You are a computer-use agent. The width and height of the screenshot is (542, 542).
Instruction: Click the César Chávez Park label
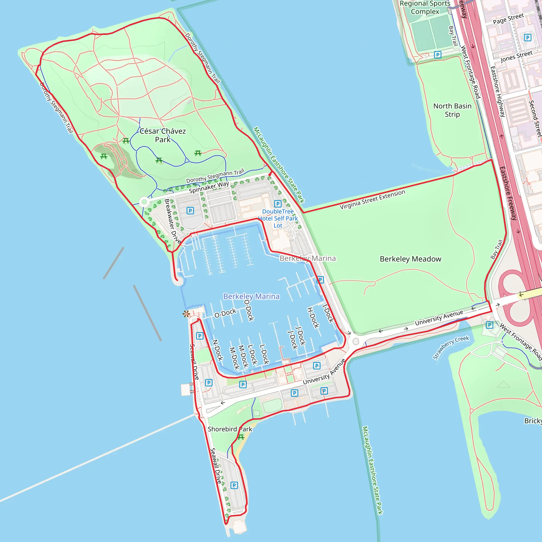pos(163,135)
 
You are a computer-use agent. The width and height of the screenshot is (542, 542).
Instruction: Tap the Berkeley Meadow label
pos(410,259)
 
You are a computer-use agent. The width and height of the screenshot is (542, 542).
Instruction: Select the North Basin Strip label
pos(452,110)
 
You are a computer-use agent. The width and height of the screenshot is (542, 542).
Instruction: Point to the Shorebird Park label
pos(230,429)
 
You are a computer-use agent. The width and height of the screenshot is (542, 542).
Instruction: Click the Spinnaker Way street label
pos(209,187)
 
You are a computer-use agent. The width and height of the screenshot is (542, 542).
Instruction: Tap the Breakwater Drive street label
pos(172,221)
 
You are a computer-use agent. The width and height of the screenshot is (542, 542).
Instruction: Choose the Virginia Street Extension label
pos(372,199)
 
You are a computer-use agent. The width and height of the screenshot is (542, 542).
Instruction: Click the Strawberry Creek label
pos(450,347)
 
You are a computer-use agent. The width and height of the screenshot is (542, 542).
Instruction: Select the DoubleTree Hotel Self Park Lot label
pos(278,219)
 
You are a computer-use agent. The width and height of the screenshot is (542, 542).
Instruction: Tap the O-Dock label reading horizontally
pos(225,313)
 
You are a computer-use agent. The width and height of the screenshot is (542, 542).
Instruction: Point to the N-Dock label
pos(218,350)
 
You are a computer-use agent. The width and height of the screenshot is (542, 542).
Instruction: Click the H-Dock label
pos(313,318)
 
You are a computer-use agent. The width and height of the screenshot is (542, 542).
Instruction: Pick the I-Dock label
pos(328,313)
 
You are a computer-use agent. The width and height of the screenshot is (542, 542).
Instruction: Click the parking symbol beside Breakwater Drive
pos(190,211)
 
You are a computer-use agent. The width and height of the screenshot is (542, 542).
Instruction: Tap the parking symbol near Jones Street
pos(527,37)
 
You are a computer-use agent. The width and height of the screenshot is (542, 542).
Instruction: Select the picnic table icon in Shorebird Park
pos(241,437)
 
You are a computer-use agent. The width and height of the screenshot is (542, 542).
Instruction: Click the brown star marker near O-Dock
pos(186,314)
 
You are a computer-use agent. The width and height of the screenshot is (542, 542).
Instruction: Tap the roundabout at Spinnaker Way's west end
pos(144,201)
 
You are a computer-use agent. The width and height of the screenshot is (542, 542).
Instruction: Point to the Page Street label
pos(508,19)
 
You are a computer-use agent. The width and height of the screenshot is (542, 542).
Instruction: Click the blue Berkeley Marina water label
pos(251,296)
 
